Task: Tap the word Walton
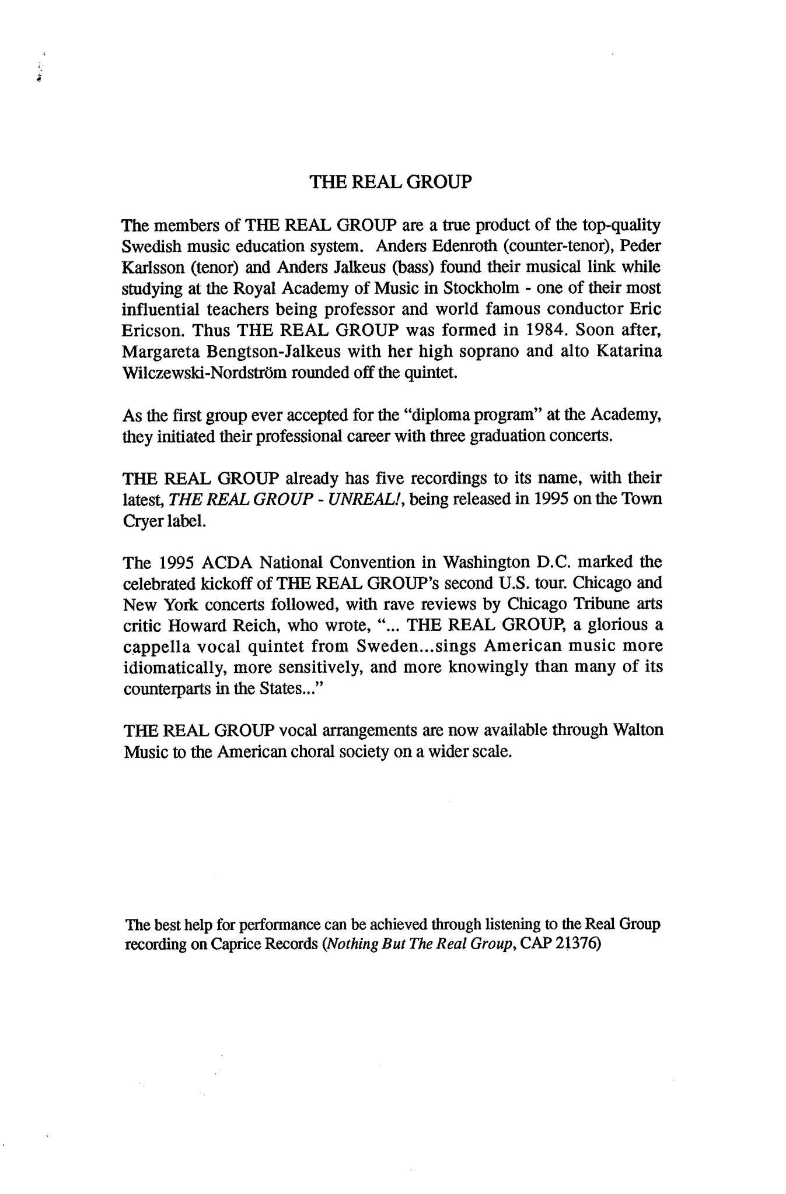pyautogui.click(x=639, y=730)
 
